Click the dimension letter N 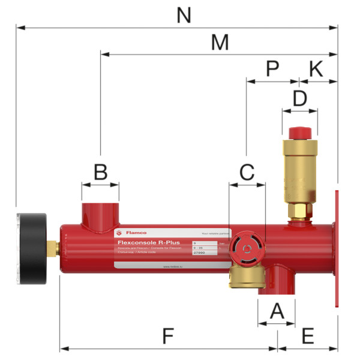(x=184, y=16)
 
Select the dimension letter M (x=220, y=43)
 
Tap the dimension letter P (x=272, y=68)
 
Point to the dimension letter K (x=316, y=68)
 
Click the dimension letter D (x=299, y=97)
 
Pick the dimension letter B (x=100, y=173)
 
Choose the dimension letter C (x=247, y=172)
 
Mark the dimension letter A (x=276, y=311)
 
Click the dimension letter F (x=168, y=336)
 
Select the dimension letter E (x=308, y=336)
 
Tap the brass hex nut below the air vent (x=298, y=211)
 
